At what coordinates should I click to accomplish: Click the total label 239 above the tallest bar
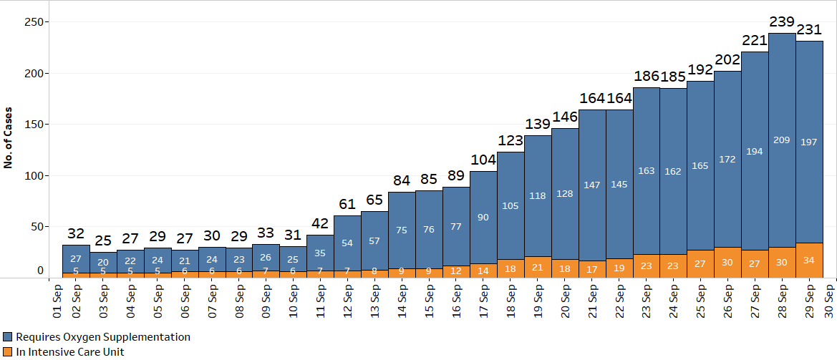pyautogui.click(x=781, y=22)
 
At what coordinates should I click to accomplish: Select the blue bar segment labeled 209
pyautogui.click(x=781, y=140)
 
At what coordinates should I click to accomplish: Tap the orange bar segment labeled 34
pyautogui.click(x=808, y=261)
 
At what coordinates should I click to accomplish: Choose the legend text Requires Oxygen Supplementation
pyautogui.click(x=103, y=336)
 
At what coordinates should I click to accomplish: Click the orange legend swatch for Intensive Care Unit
pyautogui.click(x=8, y=351)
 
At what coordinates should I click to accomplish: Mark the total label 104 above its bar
pyautogui.click(x=483, y=160)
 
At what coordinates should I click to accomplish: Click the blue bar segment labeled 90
pyautogui.click(x=483, y=217)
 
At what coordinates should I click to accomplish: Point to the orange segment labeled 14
pyautogui.click(x=483, y=271)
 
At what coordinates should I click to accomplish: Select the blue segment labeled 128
pyautogui.click(x=565, y=194)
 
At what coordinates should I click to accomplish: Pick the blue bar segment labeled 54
pyautogui.click(x=348, y=243)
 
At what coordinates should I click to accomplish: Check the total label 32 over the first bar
pyautogui.click(x=76, y=233)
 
